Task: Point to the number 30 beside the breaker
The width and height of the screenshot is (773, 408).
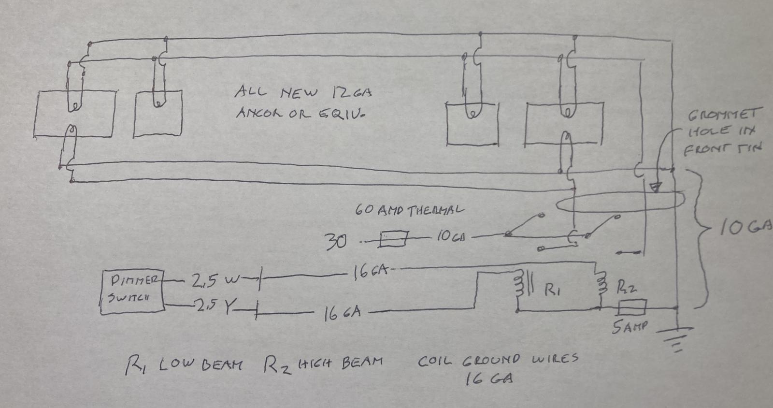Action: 336,241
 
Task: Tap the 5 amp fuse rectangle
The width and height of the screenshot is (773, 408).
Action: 632,306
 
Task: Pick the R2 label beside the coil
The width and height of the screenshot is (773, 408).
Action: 627,289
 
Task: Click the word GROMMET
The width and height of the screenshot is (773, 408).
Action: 723,115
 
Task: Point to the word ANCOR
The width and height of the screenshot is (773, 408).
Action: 260,113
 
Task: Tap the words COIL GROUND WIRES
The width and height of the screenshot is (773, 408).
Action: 498,360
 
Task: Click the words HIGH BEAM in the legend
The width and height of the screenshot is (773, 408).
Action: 340,362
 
